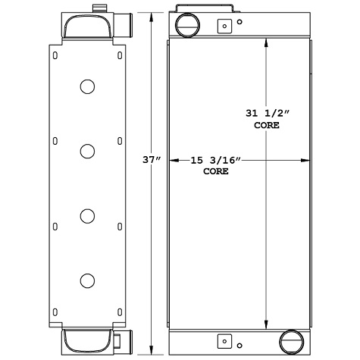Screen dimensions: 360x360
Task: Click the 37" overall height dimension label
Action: pyautogui.click(x=152, y=160)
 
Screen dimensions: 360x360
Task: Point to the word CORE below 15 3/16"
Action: pyautogui.click(x=216, y=172)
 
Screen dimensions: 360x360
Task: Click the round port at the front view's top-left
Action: pyautogui.click(x=186, y=26)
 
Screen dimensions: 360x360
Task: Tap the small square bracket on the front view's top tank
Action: pyautogui.click(x=224, y=27)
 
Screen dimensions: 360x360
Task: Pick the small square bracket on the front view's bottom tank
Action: pyautogui.click(x=224, y=340)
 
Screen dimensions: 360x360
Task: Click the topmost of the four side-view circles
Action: pyautogui.click(x=88, y=86)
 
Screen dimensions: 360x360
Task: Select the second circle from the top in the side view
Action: pyautogui.click(x=88, y=152)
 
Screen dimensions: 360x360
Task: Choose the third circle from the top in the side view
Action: pyautogui.click(x=88, y=216)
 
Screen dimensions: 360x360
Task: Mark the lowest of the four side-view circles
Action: pyautogui.click(x=88, y=280)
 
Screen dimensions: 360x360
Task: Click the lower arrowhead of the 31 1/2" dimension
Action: pyautogui.click(x=265, y=321)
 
